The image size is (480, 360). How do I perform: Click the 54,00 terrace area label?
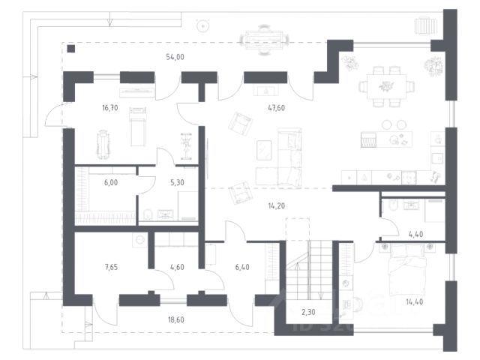pyautogui.click(x=175, y=57)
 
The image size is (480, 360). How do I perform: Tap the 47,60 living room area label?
pyautogui.click(x=276, y=108)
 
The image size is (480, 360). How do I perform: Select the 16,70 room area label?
pyautogui.click(x=110, y=108)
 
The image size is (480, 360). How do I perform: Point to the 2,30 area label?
pyautogui.click(x=308, y=312)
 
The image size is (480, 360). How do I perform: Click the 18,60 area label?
pyautogui.click(x=176, y=320)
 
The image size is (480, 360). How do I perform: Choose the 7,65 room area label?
pyautogui.click(x=111, y=267)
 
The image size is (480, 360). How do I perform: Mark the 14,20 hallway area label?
pyautogui.click(x=277, y=206)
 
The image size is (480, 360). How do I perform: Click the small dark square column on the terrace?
pyautogui.click(x=71, y=49)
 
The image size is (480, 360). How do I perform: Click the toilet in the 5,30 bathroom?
pyautogui.click(x=148, y=214)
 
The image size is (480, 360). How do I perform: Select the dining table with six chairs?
pyautogui.click(x=387, y=87)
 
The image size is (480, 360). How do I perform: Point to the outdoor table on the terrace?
pyautogui.click(x=264, y=40)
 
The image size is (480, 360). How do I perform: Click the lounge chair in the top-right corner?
pyautogui.click(x=425, y=25)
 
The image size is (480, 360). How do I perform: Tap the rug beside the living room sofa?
pyautogui.click(x=264, y=150)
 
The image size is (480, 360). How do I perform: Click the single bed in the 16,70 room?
pyautogui.click(x=138, y=127)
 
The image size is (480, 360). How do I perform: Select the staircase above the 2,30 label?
pyautogui.click(x=309, y=269)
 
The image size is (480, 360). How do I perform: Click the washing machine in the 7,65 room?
pyautogui.click(x=140, y=239)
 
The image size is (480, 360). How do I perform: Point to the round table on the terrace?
pyautogui.click(x=202, y=26)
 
